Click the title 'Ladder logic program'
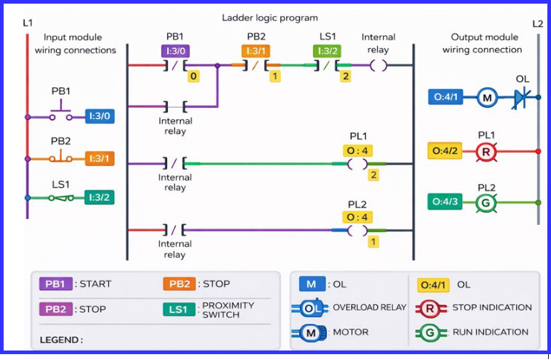tap(270, 18)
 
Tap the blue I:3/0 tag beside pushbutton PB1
tap(99, 115)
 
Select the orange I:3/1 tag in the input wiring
tap(99, 158)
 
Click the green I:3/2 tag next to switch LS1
tap(99, 197)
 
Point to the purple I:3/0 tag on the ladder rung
tap(175, 51)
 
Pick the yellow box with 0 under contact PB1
tap(193, 76)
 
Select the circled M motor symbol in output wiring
tap(487, 96)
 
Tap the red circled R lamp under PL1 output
tap(487, 151)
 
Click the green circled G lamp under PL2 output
tap(487, 202)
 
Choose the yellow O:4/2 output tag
tap(445, 151)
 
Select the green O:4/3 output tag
tap(445, 202)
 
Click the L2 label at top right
tap(537, 23)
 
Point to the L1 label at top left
tap(28, 23)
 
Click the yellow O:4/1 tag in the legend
tap(434, 285)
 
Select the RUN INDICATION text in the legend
tap(490, 332)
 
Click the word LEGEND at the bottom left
tap(61, 340)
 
